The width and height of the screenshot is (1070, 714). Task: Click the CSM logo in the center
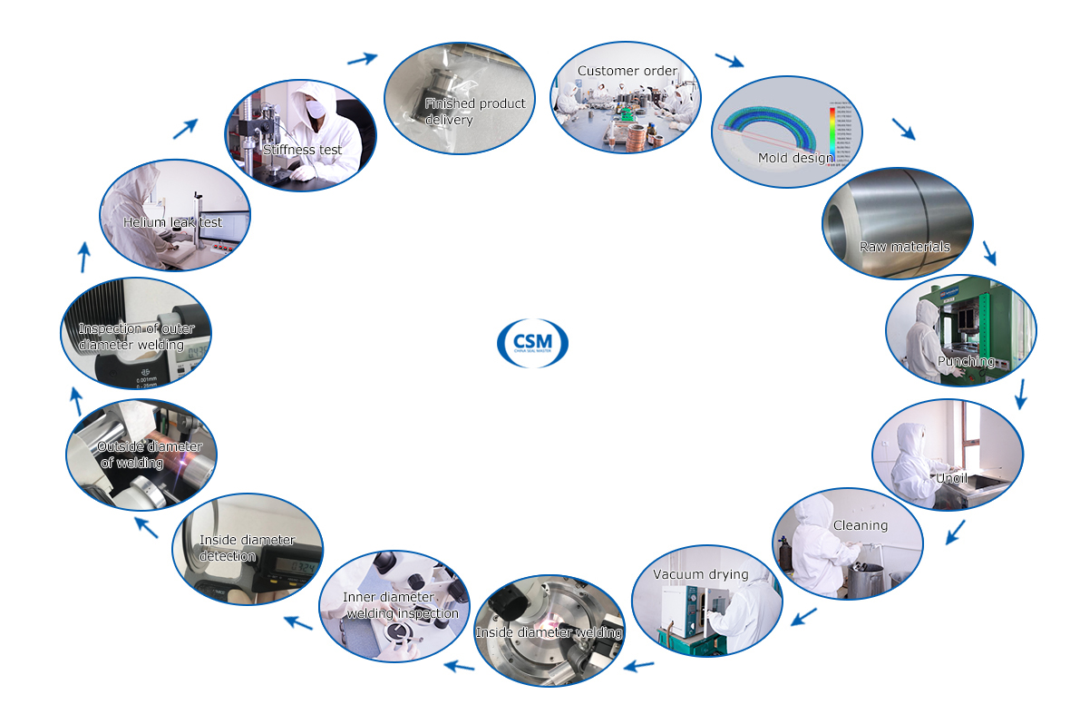coord(533,343)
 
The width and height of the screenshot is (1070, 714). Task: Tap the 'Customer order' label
coord(627,71)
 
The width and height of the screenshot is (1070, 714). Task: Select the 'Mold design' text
coord(795,158)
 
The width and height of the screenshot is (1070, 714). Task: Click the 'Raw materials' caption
coord(904,247)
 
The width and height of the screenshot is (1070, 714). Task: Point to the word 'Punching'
coord(966,361)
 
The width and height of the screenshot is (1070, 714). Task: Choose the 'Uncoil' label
coord(952,478)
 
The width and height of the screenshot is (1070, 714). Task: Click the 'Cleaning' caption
coord(860,525)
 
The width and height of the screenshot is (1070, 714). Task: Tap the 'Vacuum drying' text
coord(701,574)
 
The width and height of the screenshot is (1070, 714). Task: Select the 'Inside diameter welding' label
coord(550,631)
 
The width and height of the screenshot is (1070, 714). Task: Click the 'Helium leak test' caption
coord(172,222)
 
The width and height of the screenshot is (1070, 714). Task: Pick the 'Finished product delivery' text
coord(474,111)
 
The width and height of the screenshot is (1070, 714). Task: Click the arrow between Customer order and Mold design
coord(729,61)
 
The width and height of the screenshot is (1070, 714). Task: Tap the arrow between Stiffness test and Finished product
coord(363,59)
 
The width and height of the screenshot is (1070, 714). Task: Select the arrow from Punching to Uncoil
coord(1021,393)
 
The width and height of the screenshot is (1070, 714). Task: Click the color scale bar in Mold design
coord(831,136)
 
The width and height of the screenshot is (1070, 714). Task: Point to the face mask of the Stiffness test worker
coord(316,109)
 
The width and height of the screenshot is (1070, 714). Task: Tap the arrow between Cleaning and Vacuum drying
coord(803,617)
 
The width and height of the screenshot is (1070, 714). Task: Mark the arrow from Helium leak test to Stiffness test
coord(185,127)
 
